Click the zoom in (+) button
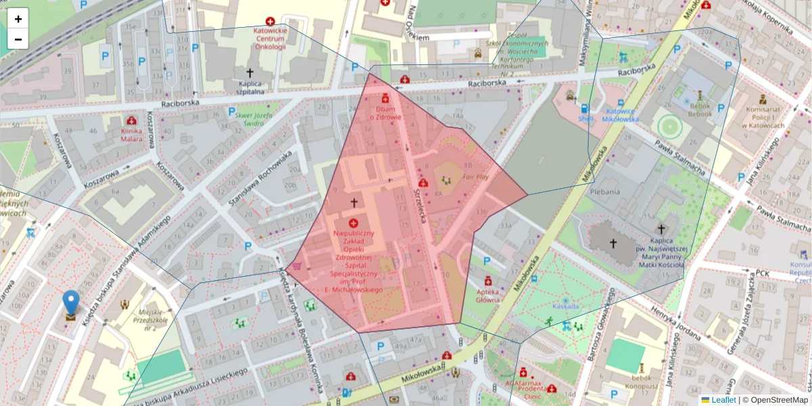click(18, 19)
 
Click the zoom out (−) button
click(18, 39)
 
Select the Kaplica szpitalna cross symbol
click(249, 72)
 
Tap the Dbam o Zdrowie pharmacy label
click(385, 112)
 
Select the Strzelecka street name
click(422, 210)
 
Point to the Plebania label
click(604, 191)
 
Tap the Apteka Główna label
click(487, 295)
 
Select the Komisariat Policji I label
click(765, 116)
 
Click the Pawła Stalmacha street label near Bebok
click(679, 156)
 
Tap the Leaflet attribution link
click(723, 400)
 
